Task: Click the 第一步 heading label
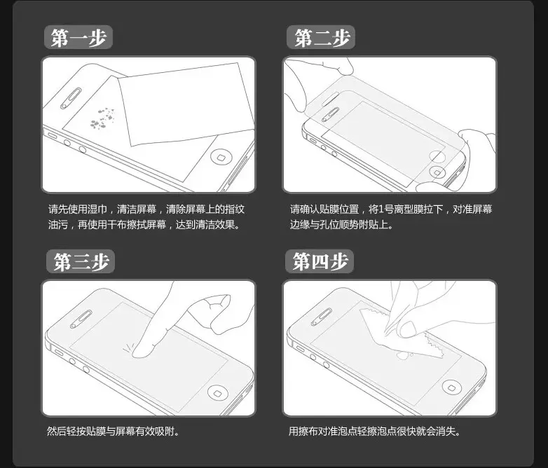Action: point(78,37)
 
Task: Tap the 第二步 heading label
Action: point(321,37)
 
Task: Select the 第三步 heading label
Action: point(81,261)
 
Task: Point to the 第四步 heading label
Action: point(320,261)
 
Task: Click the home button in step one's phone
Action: point(220,157)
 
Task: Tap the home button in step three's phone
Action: point(218,392)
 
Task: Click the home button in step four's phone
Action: point(452,387)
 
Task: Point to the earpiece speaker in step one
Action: point(71,98)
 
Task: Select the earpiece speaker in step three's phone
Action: point(81,319)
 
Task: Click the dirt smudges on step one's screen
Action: point(102,118)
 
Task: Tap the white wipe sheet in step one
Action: point(186,104)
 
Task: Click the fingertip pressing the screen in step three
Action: point(142,350)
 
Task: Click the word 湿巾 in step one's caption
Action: point(97,209)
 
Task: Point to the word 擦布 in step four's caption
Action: point(308,432)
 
